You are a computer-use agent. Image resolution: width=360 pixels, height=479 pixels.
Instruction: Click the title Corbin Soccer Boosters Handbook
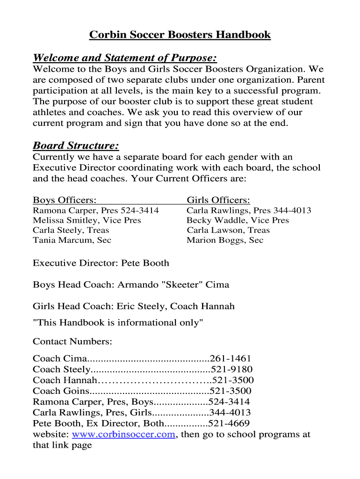pos(180,35)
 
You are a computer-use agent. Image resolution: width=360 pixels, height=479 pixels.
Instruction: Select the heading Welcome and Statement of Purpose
pos(125,58)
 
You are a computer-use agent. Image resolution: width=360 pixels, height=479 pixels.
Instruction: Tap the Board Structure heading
pos(75,145)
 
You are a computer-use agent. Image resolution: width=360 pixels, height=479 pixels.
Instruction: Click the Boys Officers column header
pos(65,200)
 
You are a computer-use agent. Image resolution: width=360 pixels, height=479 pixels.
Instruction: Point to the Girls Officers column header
pos(218,200)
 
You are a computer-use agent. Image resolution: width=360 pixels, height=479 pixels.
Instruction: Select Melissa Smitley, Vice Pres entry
pos(86,220)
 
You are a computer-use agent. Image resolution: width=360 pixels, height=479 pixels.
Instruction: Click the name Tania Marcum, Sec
pos(72,240)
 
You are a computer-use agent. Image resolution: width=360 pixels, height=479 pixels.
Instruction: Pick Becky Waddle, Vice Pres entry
pos(238,220)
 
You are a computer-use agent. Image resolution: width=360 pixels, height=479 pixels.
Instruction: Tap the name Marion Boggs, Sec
pos(225,240)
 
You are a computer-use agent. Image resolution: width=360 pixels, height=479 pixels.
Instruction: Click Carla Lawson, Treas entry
pos(228,230)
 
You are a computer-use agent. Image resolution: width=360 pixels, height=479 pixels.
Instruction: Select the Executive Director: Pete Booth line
pos(101,263)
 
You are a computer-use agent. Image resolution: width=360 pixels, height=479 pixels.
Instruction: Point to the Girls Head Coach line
pos(134,307)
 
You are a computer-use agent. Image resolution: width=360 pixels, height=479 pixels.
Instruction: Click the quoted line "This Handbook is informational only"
pos(118,323)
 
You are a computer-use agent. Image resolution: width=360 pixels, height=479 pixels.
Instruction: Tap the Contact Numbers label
pos(72,342)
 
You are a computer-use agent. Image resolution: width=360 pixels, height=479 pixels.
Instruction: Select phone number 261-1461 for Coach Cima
pos(231,359)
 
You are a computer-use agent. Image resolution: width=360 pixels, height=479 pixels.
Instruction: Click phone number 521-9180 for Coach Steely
pos(231,370)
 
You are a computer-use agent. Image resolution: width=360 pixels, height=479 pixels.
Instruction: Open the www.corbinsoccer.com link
pos(124,435)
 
